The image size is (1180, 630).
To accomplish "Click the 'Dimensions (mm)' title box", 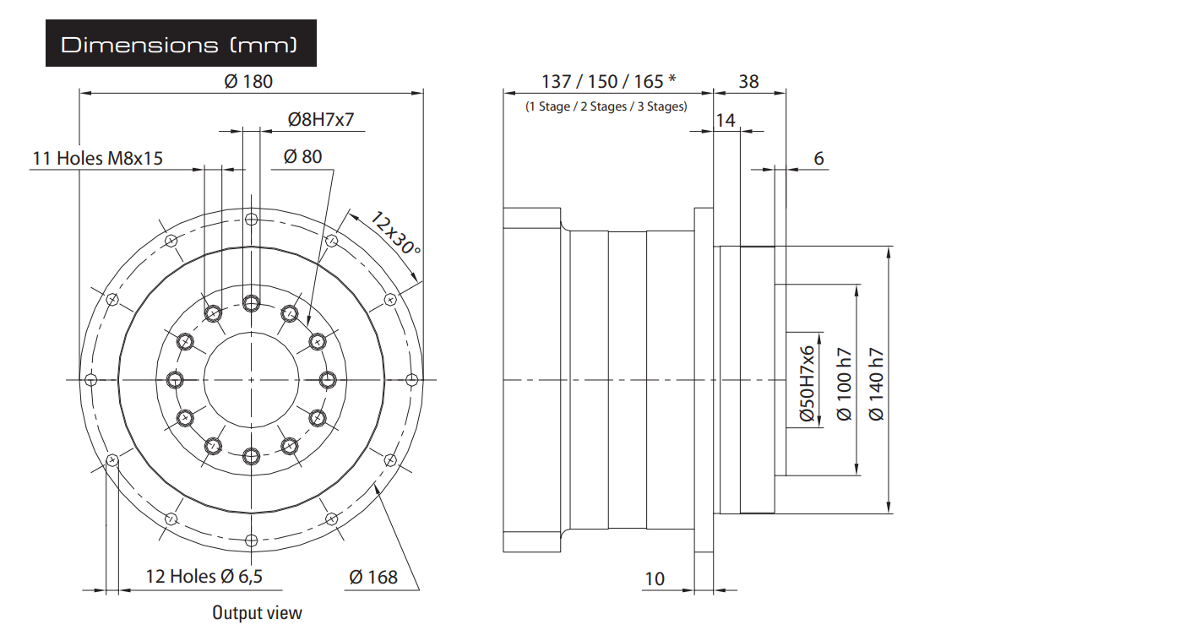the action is click(181, 43).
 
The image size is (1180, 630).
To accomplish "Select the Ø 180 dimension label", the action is click(248, 82).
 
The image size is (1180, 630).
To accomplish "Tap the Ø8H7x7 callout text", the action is click(321, 120).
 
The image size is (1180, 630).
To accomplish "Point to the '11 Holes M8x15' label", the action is click(98, 159).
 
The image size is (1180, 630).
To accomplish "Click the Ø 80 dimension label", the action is click(302, 157).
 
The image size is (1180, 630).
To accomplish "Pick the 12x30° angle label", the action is click(395, 232).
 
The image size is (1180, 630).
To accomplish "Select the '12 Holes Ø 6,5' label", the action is click(204, 576).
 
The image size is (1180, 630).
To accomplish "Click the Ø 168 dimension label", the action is click(373, 578).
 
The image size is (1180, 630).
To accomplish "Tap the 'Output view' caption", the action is click(257, 612).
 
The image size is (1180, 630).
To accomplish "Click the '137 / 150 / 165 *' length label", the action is click(608, 81).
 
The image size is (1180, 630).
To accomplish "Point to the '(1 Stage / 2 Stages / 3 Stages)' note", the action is click(606, 106).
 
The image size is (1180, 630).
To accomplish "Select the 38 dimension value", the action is click(748, 82).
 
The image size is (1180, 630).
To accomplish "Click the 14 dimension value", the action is click(726, 120).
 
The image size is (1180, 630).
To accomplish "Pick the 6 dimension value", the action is click(818, 158).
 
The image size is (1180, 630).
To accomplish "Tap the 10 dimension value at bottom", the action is click(655, 578).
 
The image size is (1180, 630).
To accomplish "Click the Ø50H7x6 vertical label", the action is click(807, 383).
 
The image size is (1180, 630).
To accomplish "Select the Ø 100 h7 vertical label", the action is click(844, 384).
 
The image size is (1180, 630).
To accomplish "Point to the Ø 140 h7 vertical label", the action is click(876, 384).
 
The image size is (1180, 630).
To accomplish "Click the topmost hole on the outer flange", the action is click(251, 219).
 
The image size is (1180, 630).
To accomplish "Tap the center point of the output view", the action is click(251, 379).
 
